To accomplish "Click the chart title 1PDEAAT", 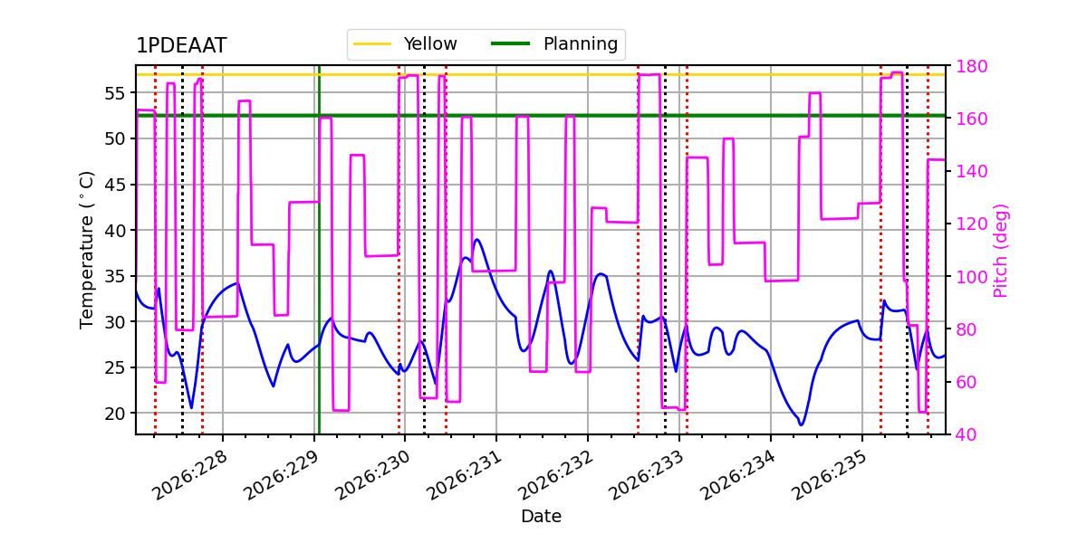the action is [181, 45].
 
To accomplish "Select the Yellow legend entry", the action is [405, 44].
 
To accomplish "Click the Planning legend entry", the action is [554, 44].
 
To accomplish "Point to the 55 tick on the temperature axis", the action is [114, 93].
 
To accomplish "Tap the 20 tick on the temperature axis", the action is [114, 414].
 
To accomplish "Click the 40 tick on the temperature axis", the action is [114, 230].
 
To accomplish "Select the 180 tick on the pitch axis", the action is [971, 66].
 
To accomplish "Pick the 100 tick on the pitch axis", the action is [971, 277].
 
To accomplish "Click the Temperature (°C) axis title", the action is [86, 250].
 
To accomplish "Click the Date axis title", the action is [541, 516].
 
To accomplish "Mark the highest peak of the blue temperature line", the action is [477, 239].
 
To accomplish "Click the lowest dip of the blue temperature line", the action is [801, 425].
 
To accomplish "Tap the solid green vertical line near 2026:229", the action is [319, 250].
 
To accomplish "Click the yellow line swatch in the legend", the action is [372, 44].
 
